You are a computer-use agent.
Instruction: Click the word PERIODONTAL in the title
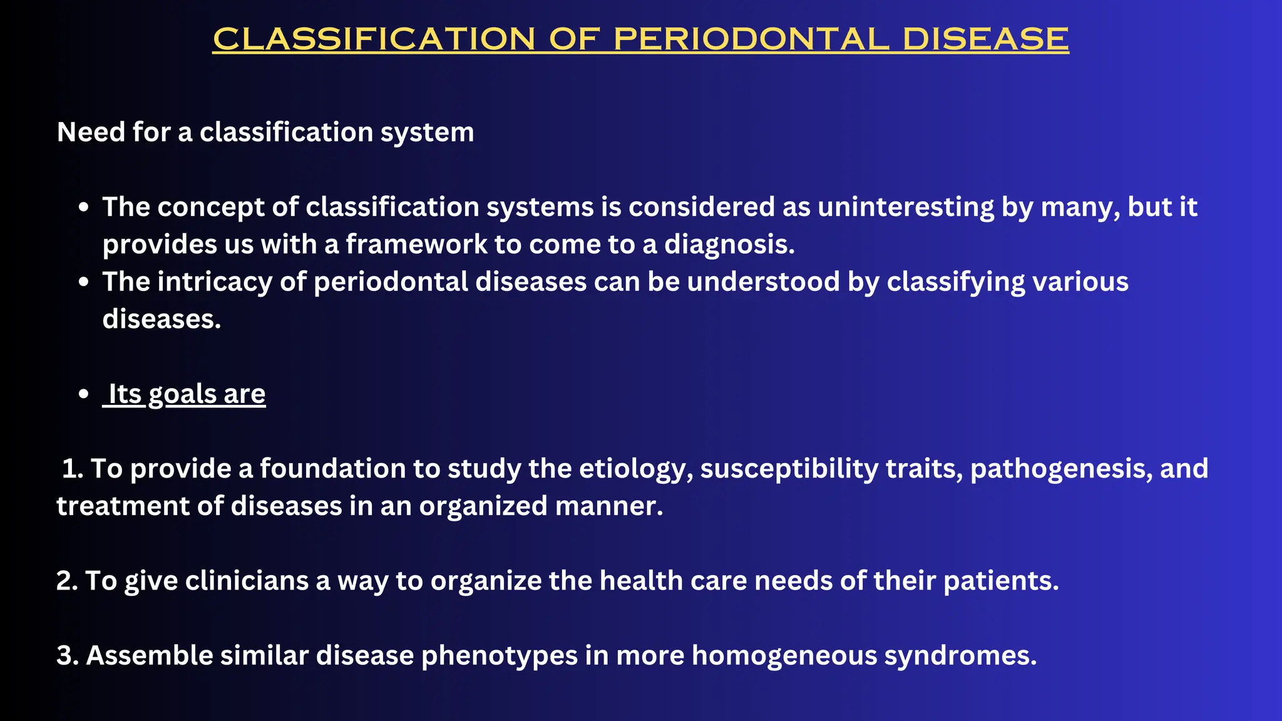click(751, 39)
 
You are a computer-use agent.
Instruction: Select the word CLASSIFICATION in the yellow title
click(374, 39)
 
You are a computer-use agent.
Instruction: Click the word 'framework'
click(416, 244)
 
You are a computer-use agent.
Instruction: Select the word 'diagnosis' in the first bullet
click(728, 244)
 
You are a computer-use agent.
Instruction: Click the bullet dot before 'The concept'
click(84, 208)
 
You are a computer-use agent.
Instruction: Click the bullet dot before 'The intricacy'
click(84, 282)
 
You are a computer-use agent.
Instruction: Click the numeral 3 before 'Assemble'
click(64, 656)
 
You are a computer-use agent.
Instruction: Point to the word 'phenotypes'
click(499, 656)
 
